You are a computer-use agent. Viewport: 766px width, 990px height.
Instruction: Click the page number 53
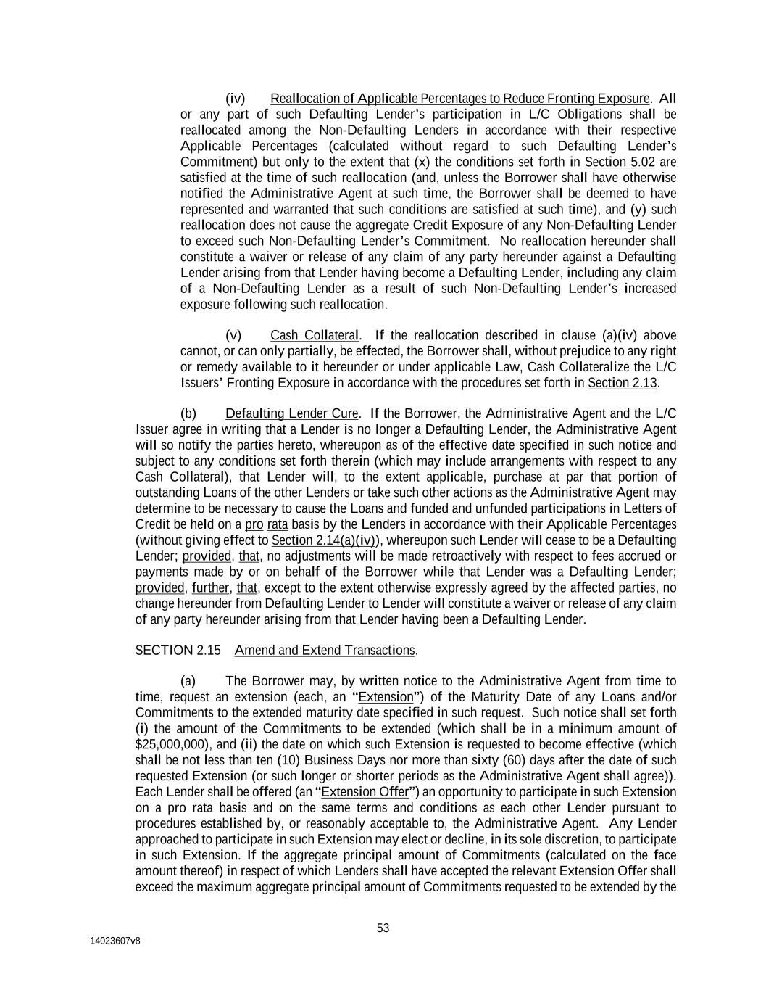pos(383,928)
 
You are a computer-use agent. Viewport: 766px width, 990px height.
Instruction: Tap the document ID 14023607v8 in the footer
pos(115,941)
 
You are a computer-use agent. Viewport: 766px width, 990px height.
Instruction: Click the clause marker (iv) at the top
pos(236,99)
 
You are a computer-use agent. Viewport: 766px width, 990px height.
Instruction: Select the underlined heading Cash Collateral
pos(314,335)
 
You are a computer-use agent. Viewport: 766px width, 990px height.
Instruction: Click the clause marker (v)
pos(233,335)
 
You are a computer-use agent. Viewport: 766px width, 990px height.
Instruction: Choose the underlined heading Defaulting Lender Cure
pos(291,413)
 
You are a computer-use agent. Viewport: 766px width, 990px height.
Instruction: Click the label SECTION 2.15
pos(178,651)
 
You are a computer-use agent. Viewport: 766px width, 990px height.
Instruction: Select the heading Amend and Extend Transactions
pos(325,651)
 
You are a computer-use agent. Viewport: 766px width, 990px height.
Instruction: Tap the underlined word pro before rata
pos(254,524)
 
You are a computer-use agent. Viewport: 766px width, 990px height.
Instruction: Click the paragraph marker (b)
pos(188,413)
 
